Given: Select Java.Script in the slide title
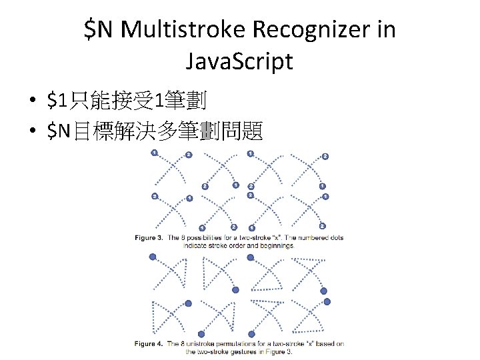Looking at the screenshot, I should pyautogui.click(x=239, y=61).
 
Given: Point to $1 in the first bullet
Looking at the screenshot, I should pyautogui.click(x=57, y=101).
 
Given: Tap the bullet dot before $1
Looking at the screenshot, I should pyautogui.click(x=31, y=102).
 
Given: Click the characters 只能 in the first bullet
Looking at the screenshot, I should pyautogui.click(x=90, y=101).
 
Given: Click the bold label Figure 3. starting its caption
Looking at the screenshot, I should pyautogui.click(x=149, y=238).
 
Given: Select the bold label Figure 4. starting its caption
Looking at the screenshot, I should pyautogui.click(x=149, y=345).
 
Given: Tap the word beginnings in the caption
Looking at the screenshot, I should pyautogui.click(x=276, y=245).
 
